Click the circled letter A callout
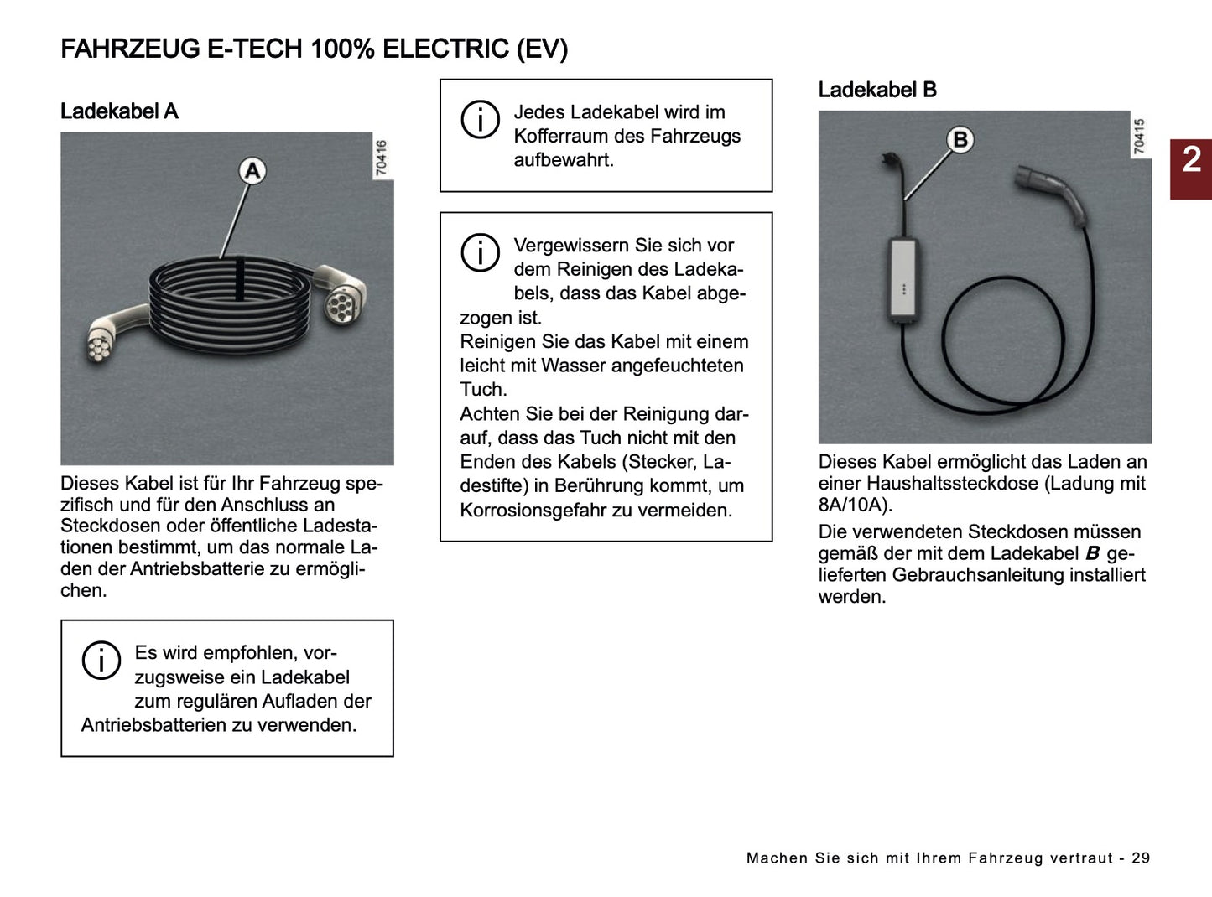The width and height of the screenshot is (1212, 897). (x=252, y=171)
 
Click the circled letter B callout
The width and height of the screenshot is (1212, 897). (x=960, y=140)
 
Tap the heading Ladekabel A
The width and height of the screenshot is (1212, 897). (x=119, y=111)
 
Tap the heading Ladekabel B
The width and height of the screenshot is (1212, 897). (x=876, y=90)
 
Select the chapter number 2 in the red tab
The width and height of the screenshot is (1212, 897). (x=1191, y=160)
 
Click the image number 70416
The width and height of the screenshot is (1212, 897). (x=382, y=158)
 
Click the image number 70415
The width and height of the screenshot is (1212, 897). (x=1139, y=137)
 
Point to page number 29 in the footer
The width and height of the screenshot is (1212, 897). (x=1141, y=858)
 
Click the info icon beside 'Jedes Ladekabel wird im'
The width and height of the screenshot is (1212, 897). (x=480, y=120)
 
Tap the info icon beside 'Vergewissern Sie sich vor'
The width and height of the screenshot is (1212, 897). (x=480, y=252)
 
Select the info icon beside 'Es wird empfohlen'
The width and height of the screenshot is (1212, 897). (x=101, y=661)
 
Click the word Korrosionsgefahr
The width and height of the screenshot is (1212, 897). (x=532, y=510)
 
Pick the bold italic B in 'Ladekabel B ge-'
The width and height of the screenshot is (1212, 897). (x=1092, y=553)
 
